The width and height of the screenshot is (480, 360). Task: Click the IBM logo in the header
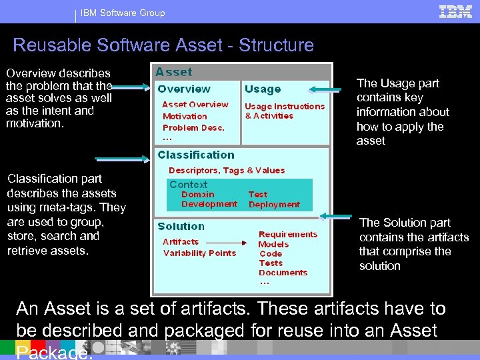(456, 12)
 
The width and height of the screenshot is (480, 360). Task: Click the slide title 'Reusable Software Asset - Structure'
(163, 45)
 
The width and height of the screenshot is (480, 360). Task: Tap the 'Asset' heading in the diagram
(173, 72)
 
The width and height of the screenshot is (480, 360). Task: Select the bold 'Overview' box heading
(184, 89)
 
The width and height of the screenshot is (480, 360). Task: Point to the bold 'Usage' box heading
(263, 89)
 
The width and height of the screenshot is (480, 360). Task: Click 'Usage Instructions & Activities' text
(285, 111)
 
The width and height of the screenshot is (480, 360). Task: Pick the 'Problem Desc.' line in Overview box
(193, 127)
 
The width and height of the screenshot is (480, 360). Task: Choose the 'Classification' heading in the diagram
(196, 155)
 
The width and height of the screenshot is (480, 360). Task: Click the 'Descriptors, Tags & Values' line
(227, 171)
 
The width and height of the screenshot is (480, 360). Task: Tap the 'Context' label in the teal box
(189, 185)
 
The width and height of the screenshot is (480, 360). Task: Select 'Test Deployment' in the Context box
(274, 199)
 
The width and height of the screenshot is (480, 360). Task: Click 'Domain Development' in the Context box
(209, 199)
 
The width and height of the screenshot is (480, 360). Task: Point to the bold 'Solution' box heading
(181, 227)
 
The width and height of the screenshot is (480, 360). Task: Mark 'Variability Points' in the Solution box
(199, 253)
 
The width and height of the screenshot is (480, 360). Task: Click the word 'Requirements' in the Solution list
(288, 235)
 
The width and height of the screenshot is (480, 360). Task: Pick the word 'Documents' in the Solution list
(283, 272)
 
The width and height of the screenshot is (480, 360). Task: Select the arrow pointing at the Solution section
(336, 216)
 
